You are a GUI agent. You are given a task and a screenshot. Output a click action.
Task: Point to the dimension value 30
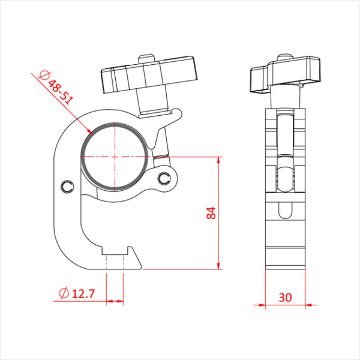coord(286,297)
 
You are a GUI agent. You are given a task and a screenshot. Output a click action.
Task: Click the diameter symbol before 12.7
coord(63,293)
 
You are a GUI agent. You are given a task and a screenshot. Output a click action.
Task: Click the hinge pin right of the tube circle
coord(164,178)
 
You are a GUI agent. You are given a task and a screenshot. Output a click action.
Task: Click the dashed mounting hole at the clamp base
coord(115,259)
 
